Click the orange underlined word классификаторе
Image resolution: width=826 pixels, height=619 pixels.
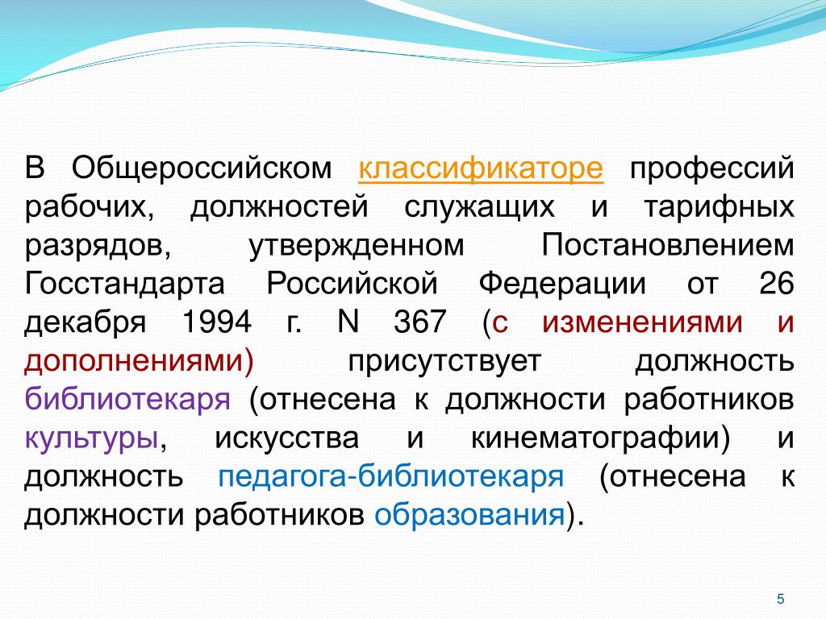(481, 168)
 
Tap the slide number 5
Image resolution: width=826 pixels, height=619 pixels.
(781, 599)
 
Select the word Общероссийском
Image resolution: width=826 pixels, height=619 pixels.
(202, 168)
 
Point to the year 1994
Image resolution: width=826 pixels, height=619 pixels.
(216, 322)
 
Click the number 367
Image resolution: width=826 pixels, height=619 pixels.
(419, 322)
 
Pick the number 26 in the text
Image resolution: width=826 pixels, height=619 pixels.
(777, 284)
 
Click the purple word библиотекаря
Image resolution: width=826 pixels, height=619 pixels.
(127, 399)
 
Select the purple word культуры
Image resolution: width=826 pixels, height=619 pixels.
(91, 438)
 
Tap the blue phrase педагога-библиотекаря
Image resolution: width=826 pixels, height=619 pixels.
(391, 477)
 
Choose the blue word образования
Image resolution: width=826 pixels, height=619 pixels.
(469, 515)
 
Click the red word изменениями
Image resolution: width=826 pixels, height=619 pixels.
(642, 322)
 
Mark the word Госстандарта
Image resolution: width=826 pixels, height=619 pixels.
(124, 285)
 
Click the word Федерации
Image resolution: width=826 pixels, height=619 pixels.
(562, 285)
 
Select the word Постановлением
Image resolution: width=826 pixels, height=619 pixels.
(668, 245)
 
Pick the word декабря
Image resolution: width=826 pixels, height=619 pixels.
(85, 322)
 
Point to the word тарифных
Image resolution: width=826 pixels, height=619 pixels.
(719, 207)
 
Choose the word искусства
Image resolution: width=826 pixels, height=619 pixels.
(286, 438)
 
